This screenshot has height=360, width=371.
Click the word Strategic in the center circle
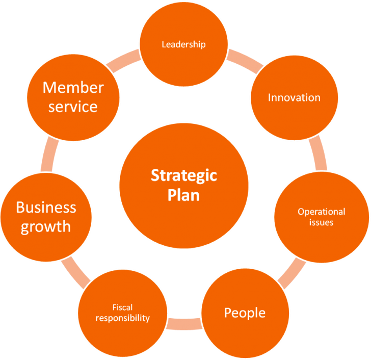pyautogui.click(x=183, y=176)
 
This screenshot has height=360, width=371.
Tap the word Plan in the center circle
pyautogui.click(x=183, y=195)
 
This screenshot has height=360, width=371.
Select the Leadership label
pyautogui.click(x=183, y=44)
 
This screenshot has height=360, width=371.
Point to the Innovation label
pyautogui.click(x=294, y=97)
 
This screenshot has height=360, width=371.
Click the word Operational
pyautogui.click(x=322, y=212)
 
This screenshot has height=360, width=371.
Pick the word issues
pyautogui.click(x=322, y=222)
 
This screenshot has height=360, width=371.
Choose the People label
pyautogui.click(x=245, y=313)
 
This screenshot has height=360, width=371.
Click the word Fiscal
pyautogui.click(x=122, y=307)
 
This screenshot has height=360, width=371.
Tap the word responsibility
pyautogui.click(x=122, y=318)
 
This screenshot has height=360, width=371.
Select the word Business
pyautogui.click(x=46, y=208)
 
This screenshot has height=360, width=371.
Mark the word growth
pyautogui.click(x=46, y=226)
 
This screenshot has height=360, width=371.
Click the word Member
pyautogui.click(x=73, y=87)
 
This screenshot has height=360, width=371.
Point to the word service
pyautogui.click(x=73, y=107)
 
